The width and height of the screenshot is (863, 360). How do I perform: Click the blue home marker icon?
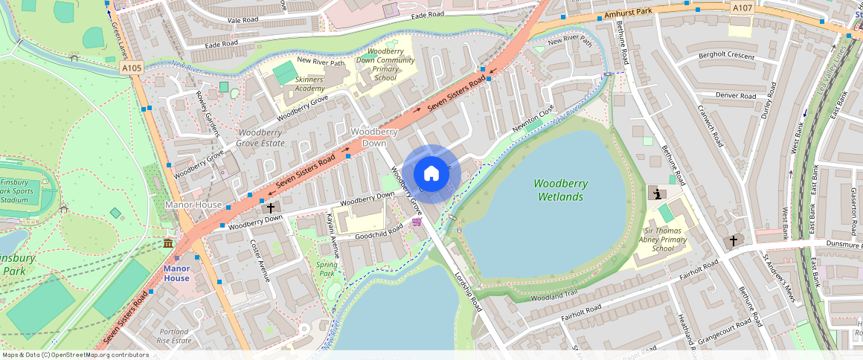(x=431, y=174)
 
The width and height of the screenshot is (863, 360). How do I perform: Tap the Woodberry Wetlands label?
(x=560, y=190)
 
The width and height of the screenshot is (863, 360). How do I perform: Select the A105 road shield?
(x=132, y=68)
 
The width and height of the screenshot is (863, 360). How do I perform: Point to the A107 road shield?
(x=742, y=7)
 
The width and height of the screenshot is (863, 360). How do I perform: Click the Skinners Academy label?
(x=309, y=83)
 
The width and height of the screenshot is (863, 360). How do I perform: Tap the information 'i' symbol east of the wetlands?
(x=657, y=193)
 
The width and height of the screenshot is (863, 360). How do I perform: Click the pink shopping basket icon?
(x=417, y=222)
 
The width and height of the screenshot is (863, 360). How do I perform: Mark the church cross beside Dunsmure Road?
(x=733, y=242)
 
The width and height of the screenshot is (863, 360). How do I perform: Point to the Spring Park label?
(x=327, y=269)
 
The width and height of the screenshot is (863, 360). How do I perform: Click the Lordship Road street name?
(x=468, y=291)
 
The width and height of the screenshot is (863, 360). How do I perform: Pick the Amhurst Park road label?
(x=626, y=14)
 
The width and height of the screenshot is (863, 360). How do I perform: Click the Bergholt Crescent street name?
(x=726, y=57)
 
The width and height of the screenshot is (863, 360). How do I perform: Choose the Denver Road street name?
(x=736, y=96)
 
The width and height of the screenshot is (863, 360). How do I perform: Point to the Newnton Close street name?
(x=533, y=121)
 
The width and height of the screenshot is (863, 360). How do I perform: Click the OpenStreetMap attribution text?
(x=76, y=355)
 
